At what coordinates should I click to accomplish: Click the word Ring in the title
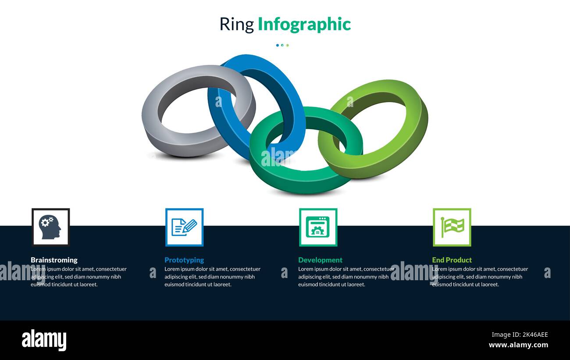tap(237, 25)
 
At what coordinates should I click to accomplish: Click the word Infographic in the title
tap(304, 25)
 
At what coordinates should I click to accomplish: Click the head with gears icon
tap(50, 227)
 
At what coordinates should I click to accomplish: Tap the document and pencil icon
tap(184, 227)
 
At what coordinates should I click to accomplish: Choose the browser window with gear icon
tap(318, 227)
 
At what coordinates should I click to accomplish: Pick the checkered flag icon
tap(452, 227)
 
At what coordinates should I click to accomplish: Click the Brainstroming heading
tap(54, 260)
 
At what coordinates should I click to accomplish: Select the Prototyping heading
tap(184, 260)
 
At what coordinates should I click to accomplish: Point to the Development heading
tap(320, 260)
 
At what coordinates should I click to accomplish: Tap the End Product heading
tap(452, 260)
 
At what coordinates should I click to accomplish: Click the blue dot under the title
tap(278, 45)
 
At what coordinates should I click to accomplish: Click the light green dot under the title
tap(287, 45)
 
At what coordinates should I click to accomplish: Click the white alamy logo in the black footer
tap(44, 340)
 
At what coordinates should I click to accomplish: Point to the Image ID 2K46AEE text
tap(520, 335)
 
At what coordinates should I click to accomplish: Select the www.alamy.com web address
tap(518, 345)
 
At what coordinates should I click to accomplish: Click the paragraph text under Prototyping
tap(213, 277)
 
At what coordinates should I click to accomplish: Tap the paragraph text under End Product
tap(480, 277)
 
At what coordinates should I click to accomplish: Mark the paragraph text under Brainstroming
tap(78, 277)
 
